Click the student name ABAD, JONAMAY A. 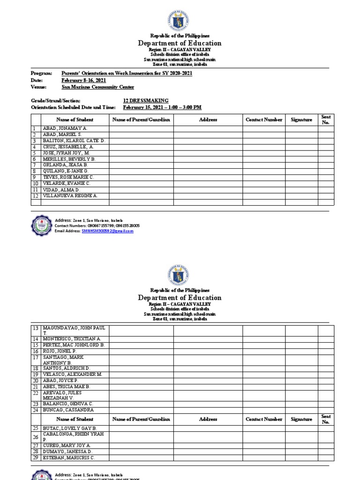coord(65,128)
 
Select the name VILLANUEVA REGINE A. coord(70,196)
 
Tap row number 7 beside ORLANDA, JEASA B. coord(34,165)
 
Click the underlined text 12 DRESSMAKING coord(145,101)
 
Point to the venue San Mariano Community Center coord(98,87)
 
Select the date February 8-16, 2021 coord(81,81)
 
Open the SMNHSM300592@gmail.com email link coord(107,231)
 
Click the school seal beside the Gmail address coord(41,225)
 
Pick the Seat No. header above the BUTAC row coord(326,419)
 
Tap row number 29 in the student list coord(35,457)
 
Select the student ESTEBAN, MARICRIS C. coord(69,457)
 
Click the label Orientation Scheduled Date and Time coord(73,107)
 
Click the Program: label coord(41,74)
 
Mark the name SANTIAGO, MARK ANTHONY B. coord(64,360)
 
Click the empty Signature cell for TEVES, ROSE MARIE coord(301,178)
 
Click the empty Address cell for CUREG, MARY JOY coord(208,445)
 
